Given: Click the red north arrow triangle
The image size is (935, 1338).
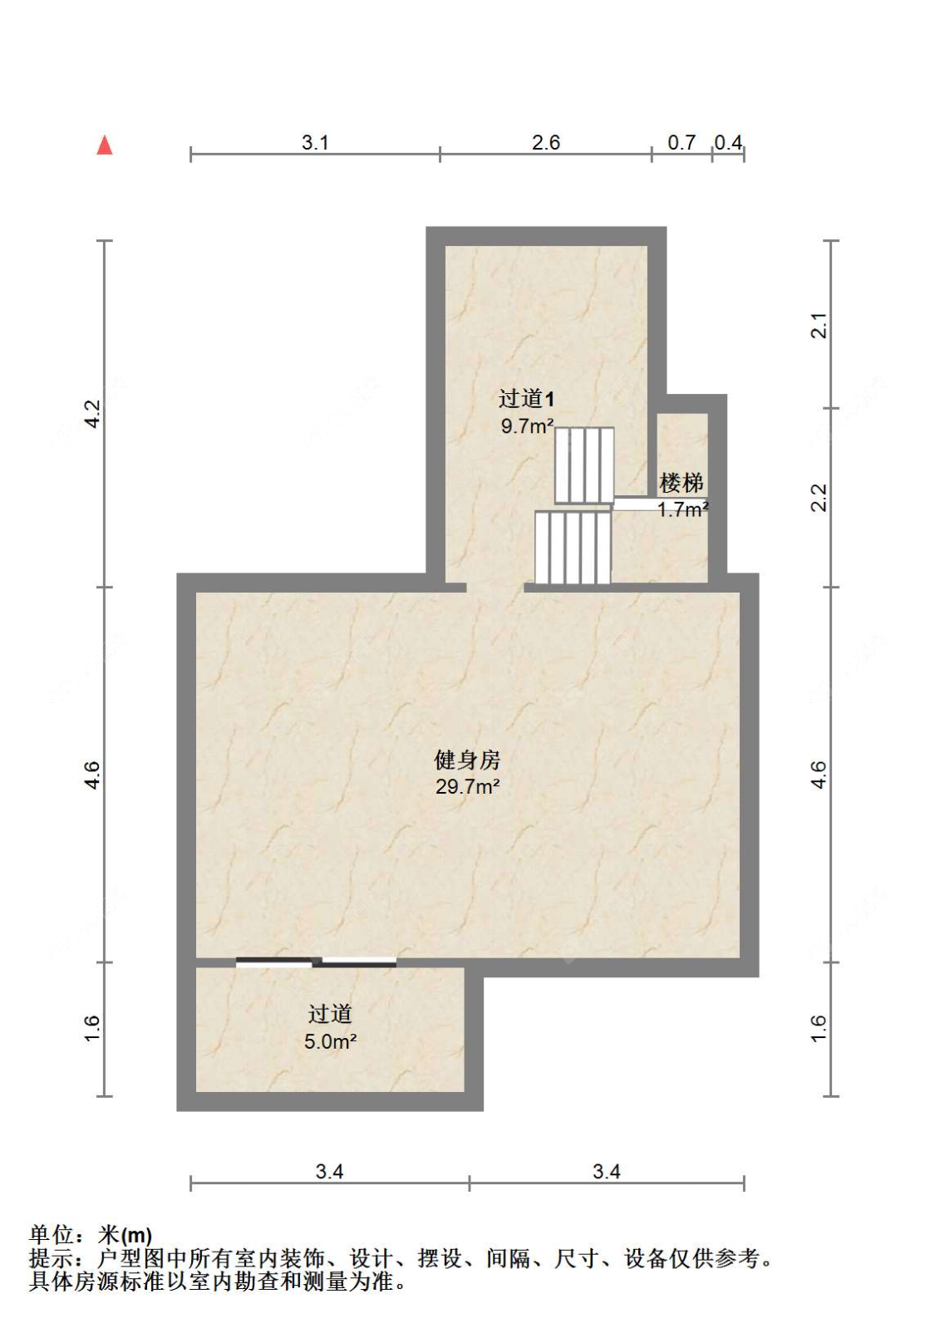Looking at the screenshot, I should coord(105,145).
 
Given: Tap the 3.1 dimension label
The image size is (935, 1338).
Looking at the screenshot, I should coord(315,143).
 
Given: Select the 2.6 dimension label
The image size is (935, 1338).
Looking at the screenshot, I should coord(546,143).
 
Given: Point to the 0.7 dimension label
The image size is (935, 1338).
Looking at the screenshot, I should coord(682,143).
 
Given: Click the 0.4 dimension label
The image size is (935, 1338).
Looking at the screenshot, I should coord(728,143).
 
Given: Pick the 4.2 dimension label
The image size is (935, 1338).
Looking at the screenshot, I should coord(93,413).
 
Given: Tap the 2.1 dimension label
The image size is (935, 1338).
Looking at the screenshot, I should coord(819,325).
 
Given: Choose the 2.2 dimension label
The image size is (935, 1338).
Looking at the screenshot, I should coord(819,497).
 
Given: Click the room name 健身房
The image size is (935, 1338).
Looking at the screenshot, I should coord(467,760).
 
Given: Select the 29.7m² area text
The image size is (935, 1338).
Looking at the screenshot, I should coord(467,786).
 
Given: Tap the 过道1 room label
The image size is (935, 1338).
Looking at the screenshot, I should coord(525,399).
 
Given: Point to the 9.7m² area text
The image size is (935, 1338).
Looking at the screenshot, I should coord(527,426).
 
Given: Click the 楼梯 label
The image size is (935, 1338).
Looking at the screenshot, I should coord(682,483).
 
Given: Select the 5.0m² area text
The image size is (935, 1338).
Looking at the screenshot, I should coord(330,1041).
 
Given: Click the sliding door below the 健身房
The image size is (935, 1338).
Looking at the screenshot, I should coord(316,962).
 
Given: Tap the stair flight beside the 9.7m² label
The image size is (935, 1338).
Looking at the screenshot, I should coord(584,465).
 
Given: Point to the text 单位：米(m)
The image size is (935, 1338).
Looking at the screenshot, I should coord(91,1236).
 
